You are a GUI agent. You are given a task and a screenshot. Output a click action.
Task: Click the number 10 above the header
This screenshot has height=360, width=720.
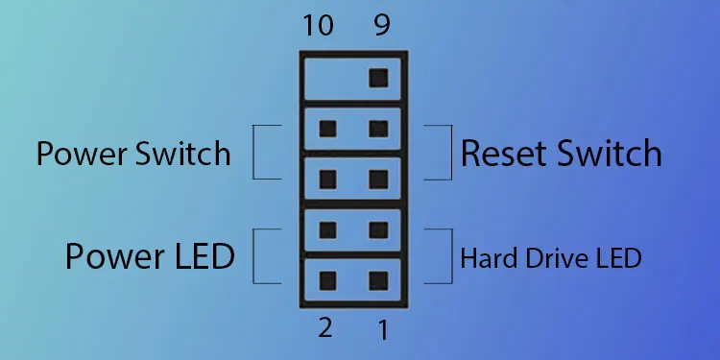(x=318, y=25)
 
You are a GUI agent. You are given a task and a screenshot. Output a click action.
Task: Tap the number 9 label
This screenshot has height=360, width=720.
(x=381, y=25)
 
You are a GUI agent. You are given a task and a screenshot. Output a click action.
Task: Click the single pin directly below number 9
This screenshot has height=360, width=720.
(x=378, y=76)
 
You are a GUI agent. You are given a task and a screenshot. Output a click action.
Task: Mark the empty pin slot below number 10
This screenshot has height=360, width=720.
(x=326, y=76)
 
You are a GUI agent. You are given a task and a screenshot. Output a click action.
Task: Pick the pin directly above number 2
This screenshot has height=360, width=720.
(x=327, y=280)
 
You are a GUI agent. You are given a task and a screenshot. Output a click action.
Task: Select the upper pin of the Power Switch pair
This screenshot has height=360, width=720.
(x=327, y=128)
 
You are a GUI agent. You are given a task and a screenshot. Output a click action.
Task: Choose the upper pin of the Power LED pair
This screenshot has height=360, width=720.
(x=327, y=229)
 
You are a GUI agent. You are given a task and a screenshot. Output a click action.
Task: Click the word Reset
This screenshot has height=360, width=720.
(x=504, y=154)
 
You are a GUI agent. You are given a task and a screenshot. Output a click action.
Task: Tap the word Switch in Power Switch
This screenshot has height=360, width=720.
(x=183, y=154)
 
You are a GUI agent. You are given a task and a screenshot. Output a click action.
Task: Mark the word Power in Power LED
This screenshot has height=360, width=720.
(x=113, y=256)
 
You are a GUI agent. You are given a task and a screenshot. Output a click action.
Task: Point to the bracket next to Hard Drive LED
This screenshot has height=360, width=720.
(x=444, y=256)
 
